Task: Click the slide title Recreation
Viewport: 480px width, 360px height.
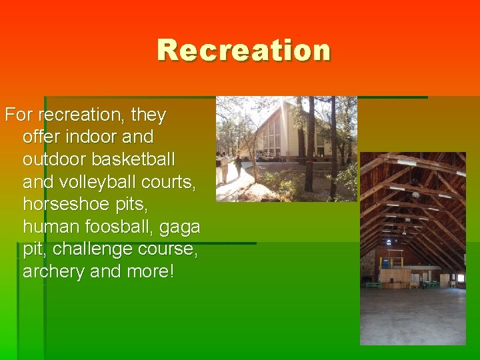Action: click(x=244, y=51)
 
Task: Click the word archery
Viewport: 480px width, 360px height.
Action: click(x=53, y=271)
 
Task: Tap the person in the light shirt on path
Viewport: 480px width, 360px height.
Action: click(x=224, y=167)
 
